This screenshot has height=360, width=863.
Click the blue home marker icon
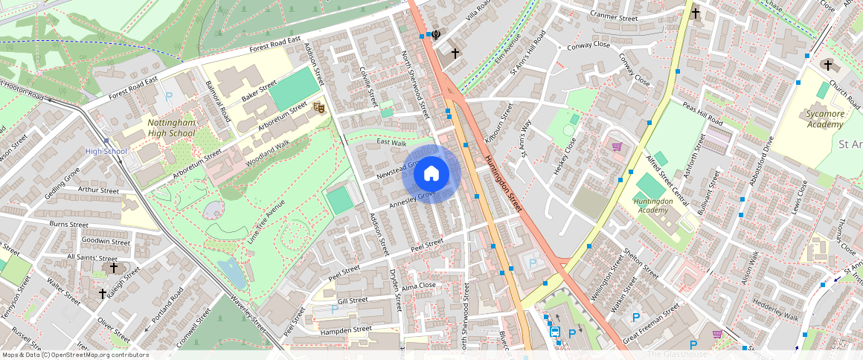[x=431, y=174]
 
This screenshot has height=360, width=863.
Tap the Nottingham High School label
[x=171, y=127]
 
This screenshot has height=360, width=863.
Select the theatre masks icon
[x=318, y=108]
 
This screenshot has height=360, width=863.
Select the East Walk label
[x=391, y=142]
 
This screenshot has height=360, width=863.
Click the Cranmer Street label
[x=614, y=18]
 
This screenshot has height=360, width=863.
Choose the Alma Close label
[x=418, y=286]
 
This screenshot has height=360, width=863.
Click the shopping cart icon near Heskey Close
[x=617, y=147]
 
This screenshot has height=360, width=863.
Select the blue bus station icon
[x=555, y=332]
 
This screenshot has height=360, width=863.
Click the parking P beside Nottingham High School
[x=169, y=96]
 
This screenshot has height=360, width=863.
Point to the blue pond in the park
[x=233, y=272]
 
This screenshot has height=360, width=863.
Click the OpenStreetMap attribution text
[x=74, y=355]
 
